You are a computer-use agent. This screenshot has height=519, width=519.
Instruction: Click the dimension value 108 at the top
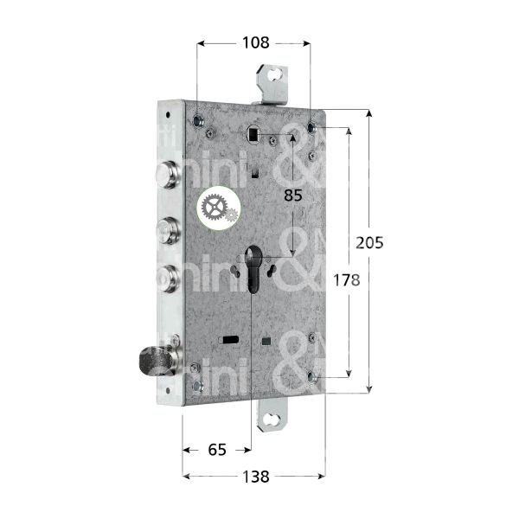pyautogui.click(x=254, y=42)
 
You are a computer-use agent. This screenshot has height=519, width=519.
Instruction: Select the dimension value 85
pyautogui.click(x=292, y=195)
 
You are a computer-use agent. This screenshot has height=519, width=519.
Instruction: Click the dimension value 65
pyautogui.click(x=217, y=449)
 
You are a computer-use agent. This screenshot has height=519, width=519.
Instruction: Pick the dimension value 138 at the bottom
pyautogui.click(x=253, y=476)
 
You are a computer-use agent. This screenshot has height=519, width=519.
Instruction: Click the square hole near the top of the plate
pyautogui.click(x=253, y=135)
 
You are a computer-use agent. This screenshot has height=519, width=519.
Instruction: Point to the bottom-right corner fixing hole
pyautogui.click(x=311, y=375)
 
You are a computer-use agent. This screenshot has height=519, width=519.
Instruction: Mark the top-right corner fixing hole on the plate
pyautogui.click(x=311, y=129)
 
